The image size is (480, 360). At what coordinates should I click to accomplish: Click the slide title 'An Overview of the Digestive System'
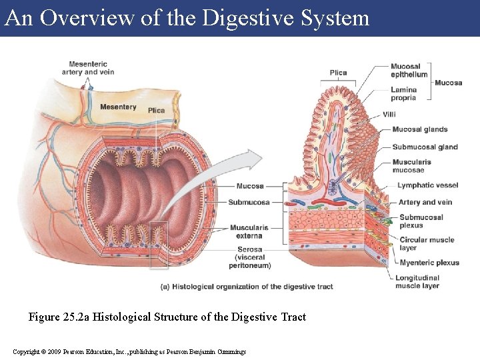[187, 17]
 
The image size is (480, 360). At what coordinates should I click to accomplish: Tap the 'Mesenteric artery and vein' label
[87, 68]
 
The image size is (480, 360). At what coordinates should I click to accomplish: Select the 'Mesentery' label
[118, 107]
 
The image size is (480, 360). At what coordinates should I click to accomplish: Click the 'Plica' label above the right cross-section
[338, 73]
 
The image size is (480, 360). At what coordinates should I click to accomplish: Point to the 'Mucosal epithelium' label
[409, 71]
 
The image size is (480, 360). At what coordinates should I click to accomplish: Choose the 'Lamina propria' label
[403, 94]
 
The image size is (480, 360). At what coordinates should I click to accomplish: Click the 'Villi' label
[389, 115]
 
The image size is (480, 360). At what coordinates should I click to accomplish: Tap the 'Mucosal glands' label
[419, 129]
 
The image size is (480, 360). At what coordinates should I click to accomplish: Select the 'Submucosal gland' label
[425, 147]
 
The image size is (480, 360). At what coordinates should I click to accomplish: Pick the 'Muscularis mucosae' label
[411, 165]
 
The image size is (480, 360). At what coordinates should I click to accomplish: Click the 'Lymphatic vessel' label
[427, 185]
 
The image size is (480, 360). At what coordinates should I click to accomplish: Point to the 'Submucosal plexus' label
[421, 221]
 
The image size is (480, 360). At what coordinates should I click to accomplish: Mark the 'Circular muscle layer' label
[427, 244]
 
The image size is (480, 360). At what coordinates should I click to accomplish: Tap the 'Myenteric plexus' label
[429, 263]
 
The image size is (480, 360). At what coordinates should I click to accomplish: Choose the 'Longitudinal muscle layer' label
[417, 281]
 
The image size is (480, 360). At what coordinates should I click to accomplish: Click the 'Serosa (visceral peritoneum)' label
[249, 257]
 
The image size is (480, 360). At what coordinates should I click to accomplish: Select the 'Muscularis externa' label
[249, 231]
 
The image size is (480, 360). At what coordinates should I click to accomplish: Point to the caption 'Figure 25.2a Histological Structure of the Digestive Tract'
[167, 317]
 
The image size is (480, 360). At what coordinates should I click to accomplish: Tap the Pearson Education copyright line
[129, 351]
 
